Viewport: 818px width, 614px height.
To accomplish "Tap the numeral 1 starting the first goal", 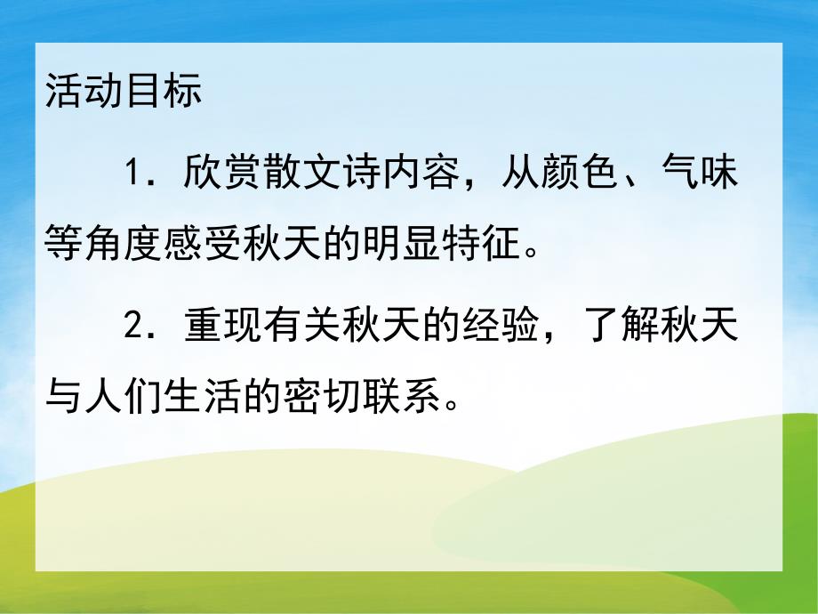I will (x=134, y=173).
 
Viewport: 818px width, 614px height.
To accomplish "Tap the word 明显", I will (x=405, y=240).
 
